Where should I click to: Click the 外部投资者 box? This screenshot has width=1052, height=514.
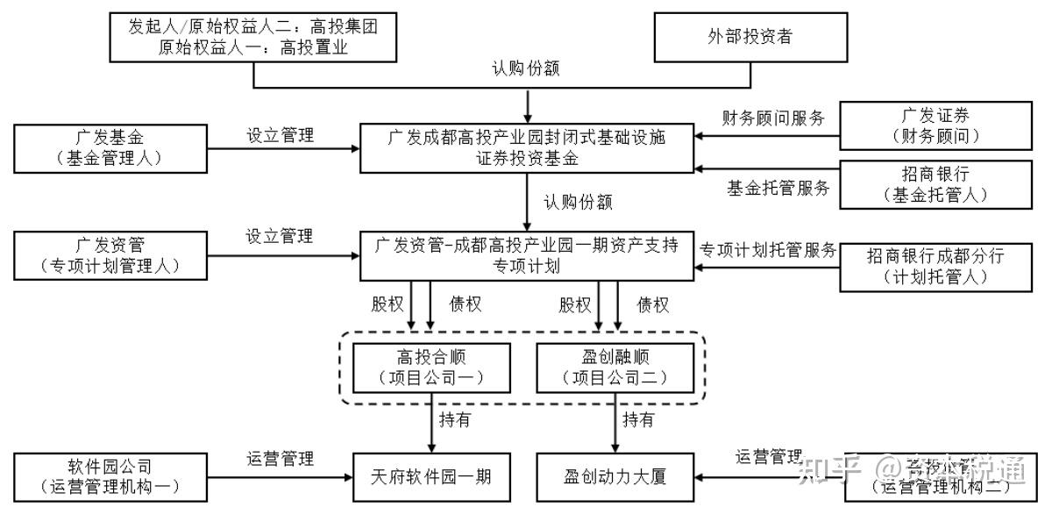[x=750, y=37]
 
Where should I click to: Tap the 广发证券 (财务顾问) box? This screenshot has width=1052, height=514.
[x=935, y=125]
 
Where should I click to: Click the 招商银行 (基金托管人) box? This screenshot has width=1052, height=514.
[x=935, y=185]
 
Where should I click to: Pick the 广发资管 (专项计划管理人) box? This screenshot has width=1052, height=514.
[x=104, y=255]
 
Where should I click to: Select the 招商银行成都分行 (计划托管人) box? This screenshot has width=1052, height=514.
[x=935, y=266]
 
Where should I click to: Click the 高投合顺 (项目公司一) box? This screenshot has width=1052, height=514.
[x=430, y=368]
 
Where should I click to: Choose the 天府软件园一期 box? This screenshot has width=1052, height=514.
[x=430, y=477]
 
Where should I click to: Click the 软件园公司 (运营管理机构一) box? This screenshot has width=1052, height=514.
[x=104, y=477]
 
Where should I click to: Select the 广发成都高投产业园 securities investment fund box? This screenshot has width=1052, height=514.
[x=527, y=147]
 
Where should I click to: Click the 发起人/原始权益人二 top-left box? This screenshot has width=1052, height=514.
[x=253, y=37]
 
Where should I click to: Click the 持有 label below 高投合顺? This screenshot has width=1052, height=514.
[x=455, y=419]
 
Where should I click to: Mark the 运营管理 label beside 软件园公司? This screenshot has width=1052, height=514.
[x=280, y=458]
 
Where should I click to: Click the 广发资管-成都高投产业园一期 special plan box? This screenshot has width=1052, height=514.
[x=527, y=255]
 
